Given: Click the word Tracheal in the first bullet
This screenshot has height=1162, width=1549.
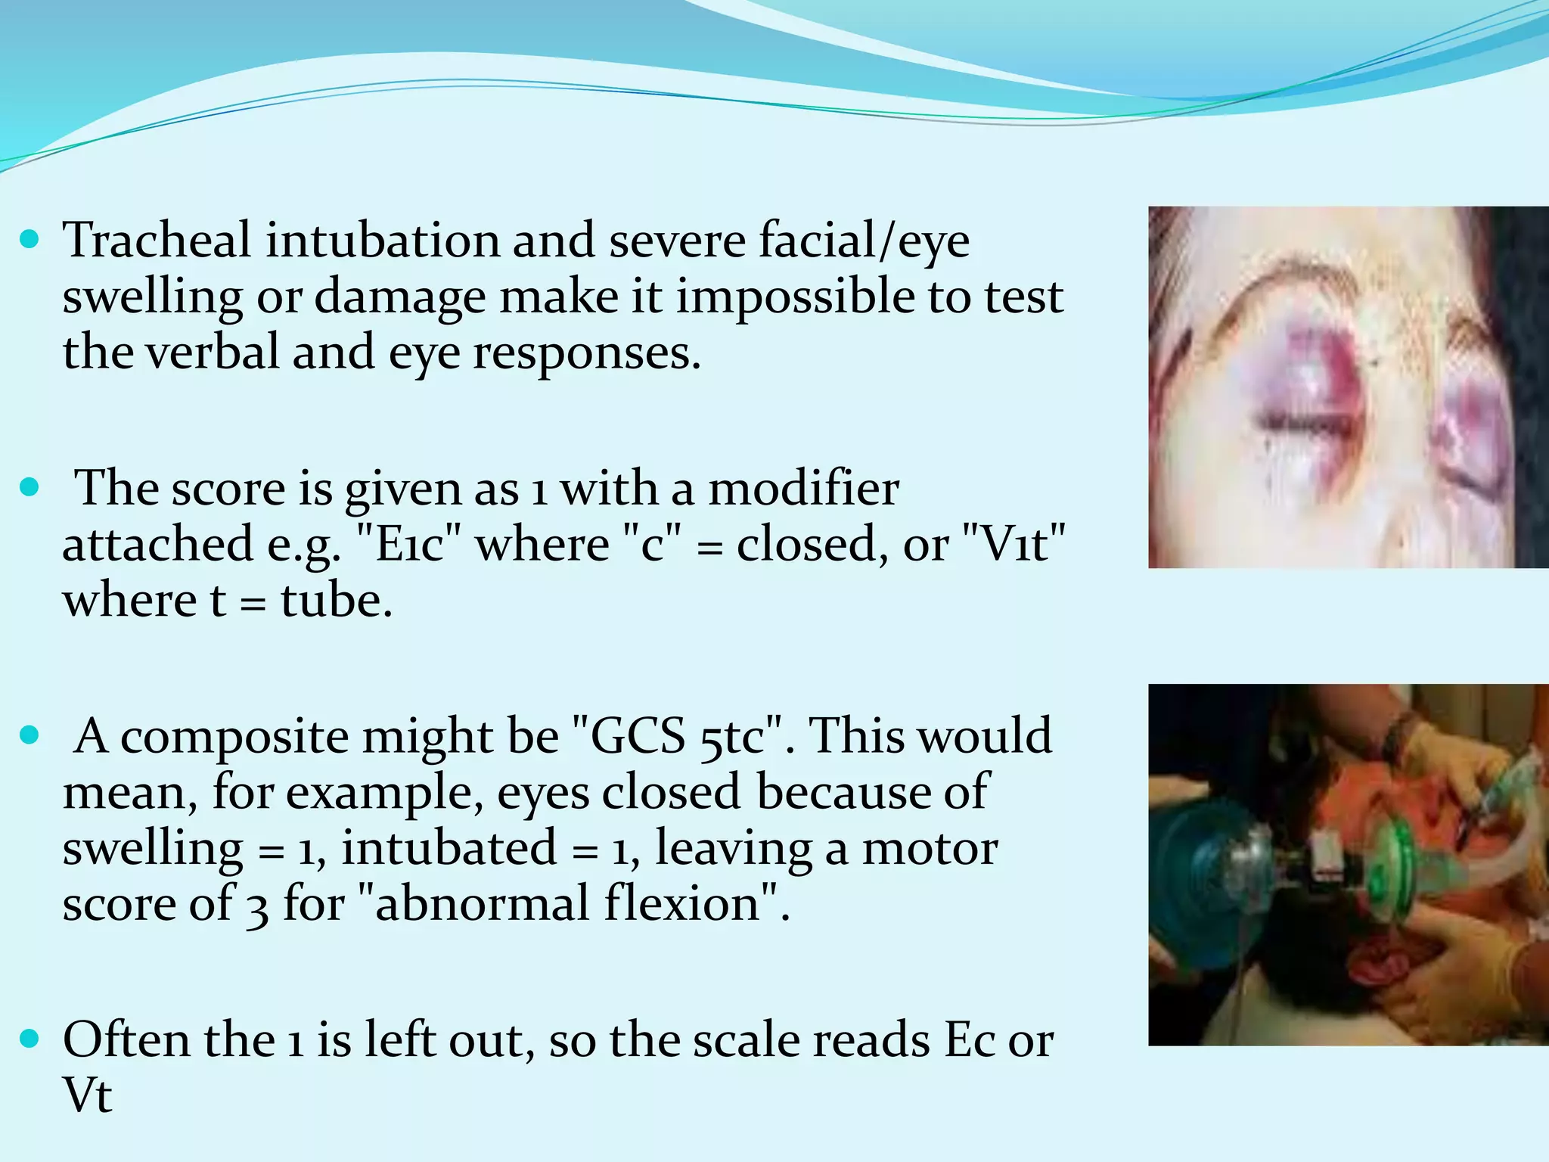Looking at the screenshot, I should [157, 241].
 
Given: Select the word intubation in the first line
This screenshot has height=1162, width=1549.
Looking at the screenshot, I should [383, 241].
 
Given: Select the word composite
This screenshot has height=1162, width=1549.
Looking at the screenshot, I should [234, 736].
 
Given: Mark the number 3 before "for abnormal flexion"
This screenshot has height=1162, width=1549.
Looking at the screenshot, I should [257, 906].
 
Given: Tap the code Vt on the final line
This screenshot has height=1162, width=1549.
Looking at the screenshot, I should [87, 1095].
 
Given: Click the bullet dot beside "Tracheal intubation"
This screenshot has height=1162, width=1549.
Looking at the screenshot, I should [29, 241].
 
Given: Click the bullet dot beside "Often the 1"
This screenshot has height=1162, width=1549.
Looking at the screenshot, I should [29, 1039].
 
